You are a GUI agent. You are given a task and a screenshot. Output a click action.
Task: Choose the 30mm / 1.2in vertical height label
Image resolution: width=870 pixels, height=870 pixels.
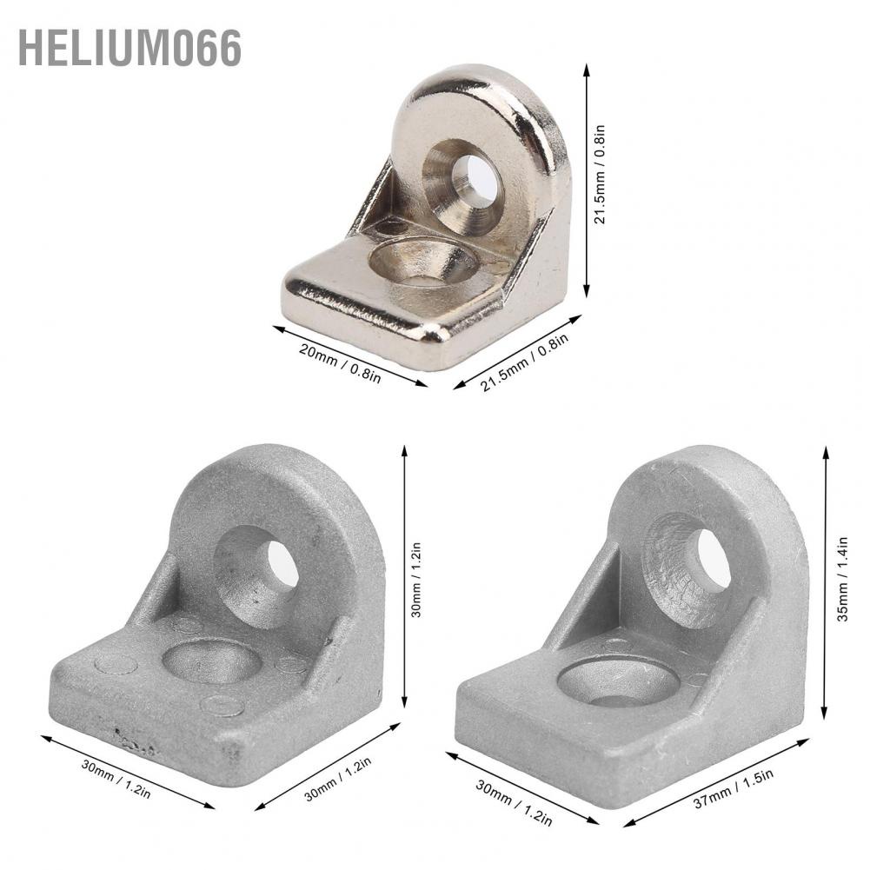pos(416,580)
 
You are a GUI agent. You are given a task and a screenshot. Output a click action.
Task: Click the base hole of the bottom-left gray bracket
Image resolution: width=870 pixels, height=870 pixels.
pos(211,662)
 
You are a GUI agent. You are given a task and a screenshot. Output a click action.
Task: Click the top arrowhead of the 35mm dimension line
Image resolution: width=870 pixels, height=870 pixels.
pos(827,451)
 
